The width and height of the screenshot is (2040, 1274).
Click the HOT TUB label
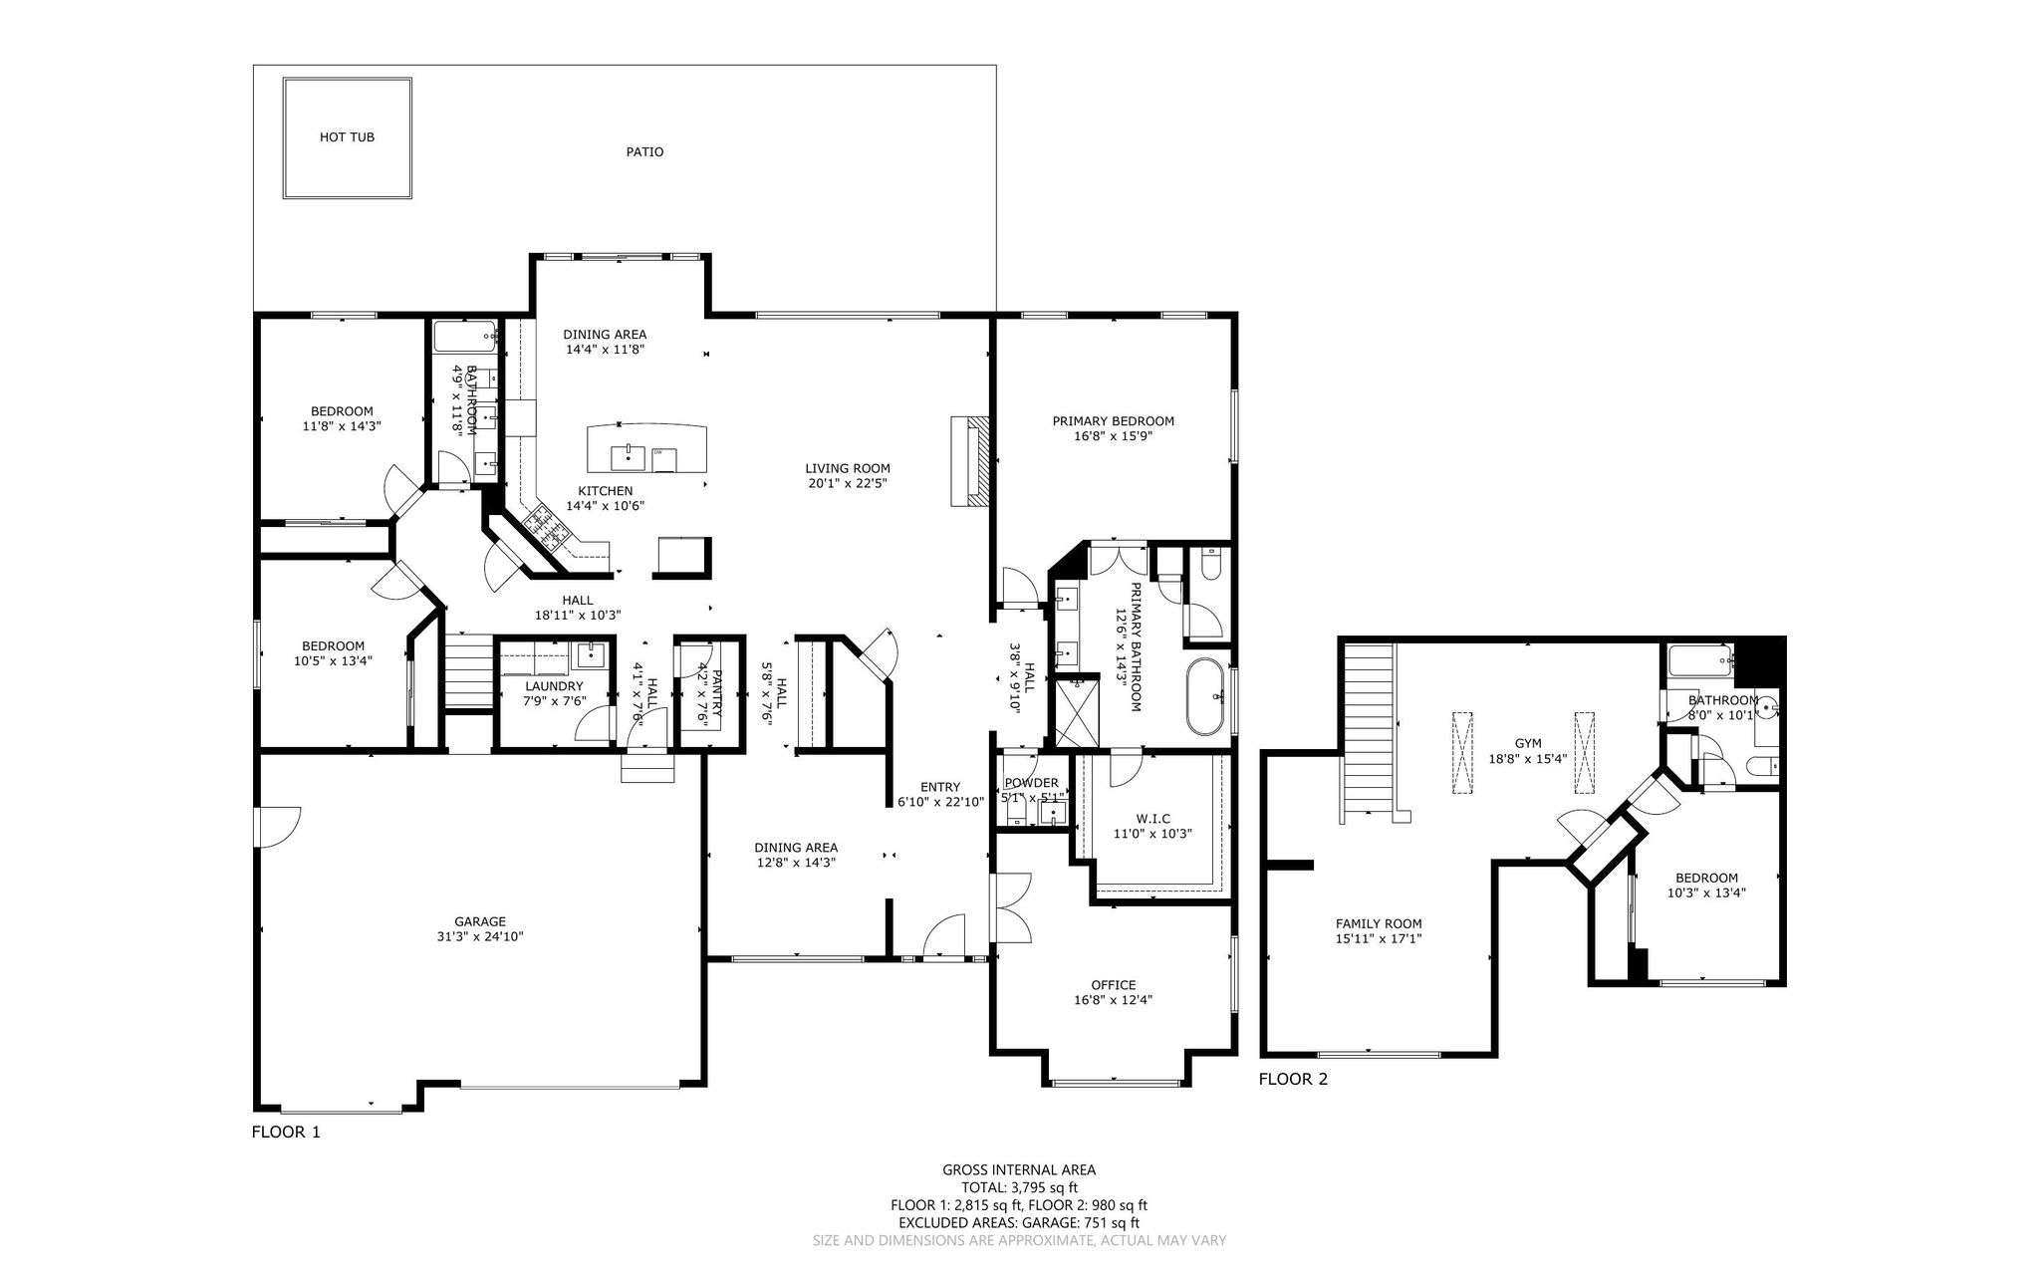click(x=347, y=137)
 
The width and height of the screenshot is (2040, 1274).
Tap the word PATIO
click(x=644, y=152)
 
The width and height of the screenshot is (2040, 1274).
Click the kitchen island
click(x=647, y=448)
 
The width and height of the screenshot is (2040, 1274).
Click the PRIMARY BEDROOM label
click(x=1114, y=421)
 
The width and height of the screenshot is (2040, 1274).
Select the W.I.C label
click(x=1152, y=819)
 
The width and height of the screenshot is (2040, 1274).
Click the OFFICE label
click(x=1114, y=985)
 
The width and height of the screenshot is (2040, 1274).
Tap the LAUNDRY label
click(x=554, y=686)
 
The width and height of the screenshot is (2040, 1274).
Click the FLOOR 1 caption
click(x=286, y=1133)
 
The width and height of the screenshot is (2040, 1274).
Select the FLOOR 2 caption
click(x=1293, y=1079)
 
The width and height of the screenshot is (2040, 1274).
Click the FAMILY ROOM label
click(x=1379, y=923)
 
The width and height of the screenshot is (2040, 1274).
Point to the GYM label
click(x=1528, y=743)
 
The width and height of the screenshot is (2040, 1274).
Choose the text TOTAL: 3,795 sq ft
click(x=1019, y=1187)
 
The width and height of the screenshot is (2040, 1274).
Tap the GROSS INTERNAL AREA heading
click(x=1019, y=1170)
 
